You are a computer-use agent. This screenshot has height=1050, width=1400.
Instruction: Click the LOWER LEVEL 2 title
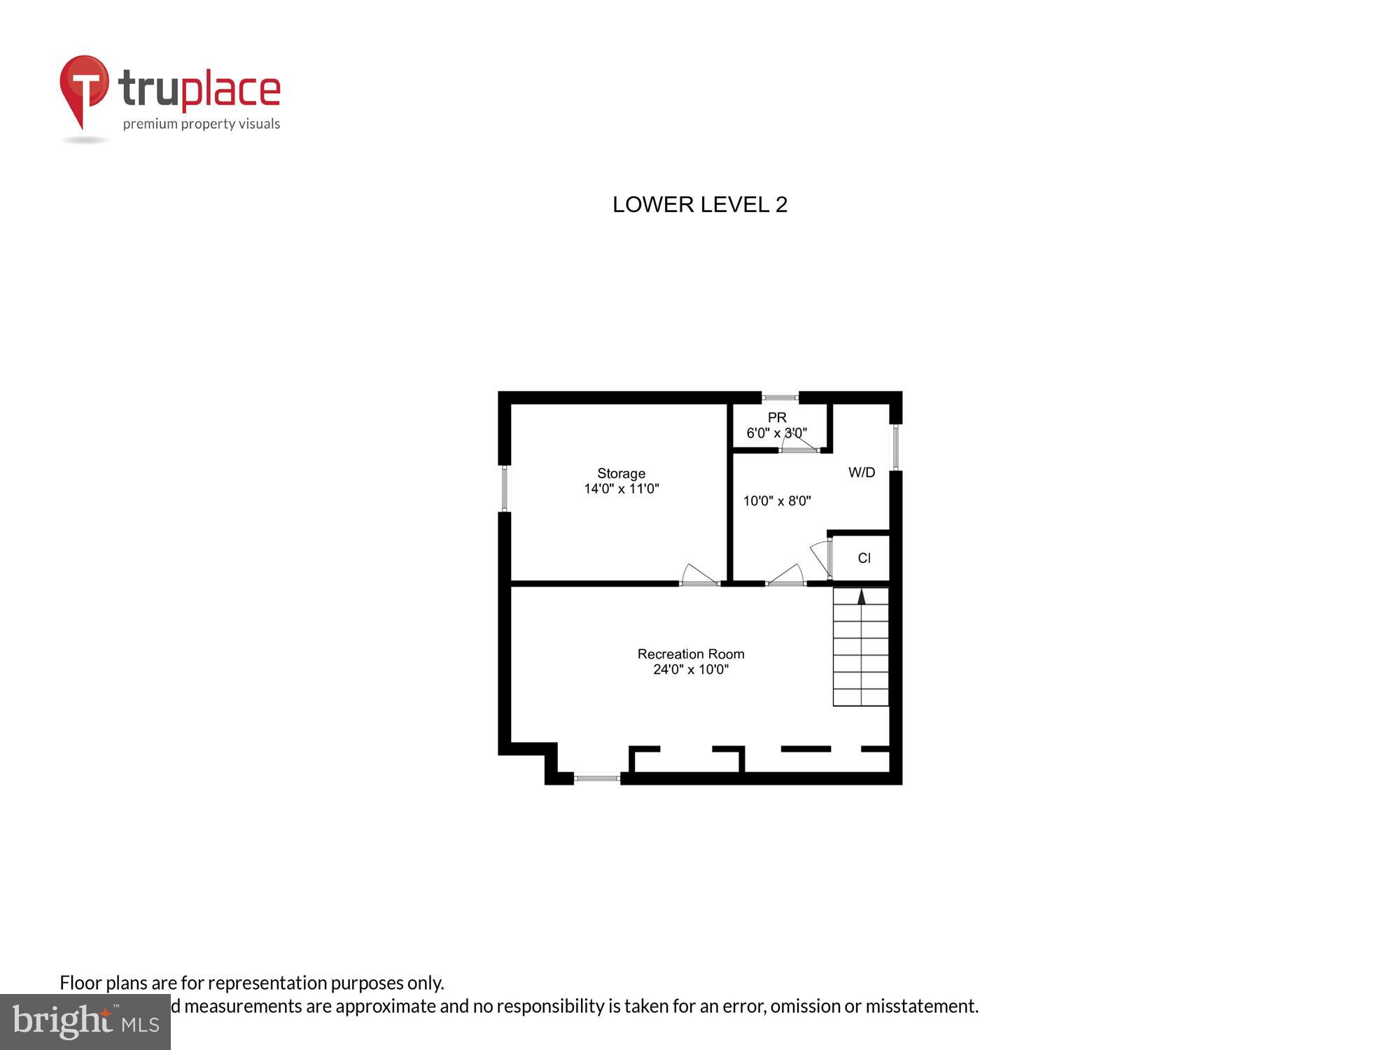click(700, 204)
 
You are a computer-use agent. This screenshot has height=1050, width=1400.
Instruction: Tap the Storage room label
click(621, 474)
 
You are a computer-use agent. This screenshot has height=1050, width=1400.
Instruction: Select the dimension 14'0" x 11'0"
click(621, 489)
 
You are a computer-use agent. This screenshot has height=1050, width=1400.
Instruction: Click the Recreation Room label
click(690, 654)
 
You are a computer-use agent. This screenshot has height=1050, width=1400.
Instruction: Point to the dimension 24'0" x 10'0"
click(690, 670)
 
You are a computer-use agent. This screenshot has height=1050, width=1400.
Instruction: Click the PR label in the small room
click(776, 417)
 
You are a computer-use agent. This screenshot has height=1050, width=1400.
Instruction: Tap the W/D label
click(862, 472)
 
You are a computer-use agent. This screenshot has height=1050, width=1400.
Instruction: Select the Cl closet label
click(864, 558)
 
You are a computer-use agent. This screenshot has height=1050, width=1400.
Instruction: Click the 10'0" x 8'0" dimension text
click(776, 501)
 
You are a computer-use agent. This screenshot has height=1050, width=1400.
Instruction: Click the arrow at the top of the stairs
click(862, 596)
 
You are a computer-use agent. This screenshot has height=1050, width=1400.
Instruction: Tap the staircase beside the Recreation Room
click(860, 647)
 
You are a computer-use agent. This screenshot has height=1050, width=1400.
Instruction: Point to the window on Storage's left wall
click(504, 488)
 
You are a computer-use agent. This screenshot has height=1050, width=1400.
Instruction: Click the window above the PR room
click(780, 398)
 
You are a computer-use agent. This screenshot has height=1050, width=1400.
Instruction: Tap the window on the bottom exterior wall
click(597, 777)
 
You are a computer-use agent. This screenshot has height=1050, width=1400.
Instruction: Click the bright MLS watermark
click(85, 1022)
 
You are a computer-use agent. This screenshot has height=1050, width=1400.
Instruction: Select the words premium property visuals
click(202, 125)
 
